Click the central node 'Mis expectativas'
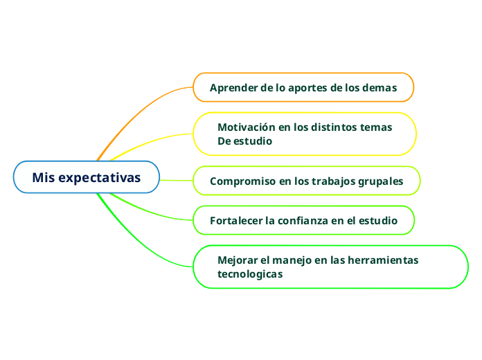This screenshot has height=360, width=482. pyautogui.click(x=87, y=178)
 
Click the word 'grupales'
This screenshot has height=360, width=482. pyautogui.click(x=380, y=181)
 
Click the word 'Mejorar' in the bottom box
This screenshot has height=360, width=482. pyautogui.click(x=237, y=260)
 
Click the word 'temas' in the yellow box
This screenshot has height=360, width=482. pyautogui.click(x=377, y=127)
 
